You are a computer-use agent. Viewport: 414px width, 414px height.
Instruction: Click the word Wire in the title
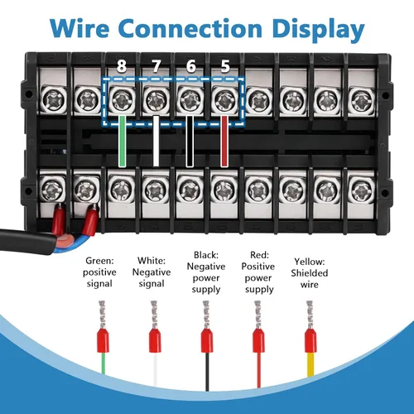tap(79, 28)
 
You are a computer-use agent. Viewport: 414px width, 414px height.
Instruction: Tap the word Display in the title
tap(318, 31)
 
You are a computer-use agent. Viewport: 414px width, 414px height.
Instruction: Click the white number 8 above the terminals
tap(122, 66)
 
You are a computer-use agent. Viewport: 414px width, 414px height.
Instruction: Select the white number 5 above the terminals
tap(225, 66)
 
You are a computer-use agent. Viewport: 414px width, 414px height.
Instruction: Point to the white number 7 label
tap(156, 66)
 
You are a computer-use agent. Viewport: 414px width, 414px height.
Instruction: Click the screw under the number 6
tap(190, 99)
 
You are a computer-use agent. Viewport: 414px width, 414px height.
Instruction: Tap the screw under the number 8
tap(121, 99)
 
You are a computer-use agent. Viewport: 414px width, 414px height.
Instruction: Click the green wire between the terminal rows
tap(122, 142)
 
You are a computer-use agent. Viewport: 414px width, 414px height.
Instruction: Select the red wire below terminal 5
tap(224, 142)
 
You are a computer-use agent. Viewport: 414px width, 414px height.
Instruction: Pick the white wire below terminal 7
tap(156, 142)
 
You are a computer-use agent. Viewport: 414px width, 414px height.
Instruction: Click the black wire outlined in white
tap(190, 142)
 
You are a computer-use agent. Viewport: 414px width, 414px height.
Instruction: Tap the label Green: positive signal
tap(99, 272)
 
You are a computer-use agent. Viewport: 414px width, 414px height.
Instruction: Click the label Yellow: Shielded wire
tap(310, 273)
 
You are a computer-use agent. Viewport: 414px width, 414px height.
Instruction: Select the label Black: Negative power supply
tap(206, 272)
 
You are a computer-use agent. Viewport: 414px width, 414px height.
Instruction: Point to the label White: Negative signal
tap(152, 272)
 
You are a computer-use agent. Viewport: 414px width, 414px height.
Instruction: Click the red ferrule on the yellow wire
tap(310, 340)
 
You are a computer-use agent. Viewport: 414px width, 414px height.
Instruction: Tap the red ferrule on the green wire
tap(103, 340)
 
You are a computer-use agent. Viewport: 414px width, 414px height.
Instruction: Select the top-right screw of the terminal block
tap(361, 100)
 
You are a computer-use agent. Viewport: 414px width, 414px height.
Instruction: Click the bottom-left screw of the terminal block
tap(52, 190)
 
